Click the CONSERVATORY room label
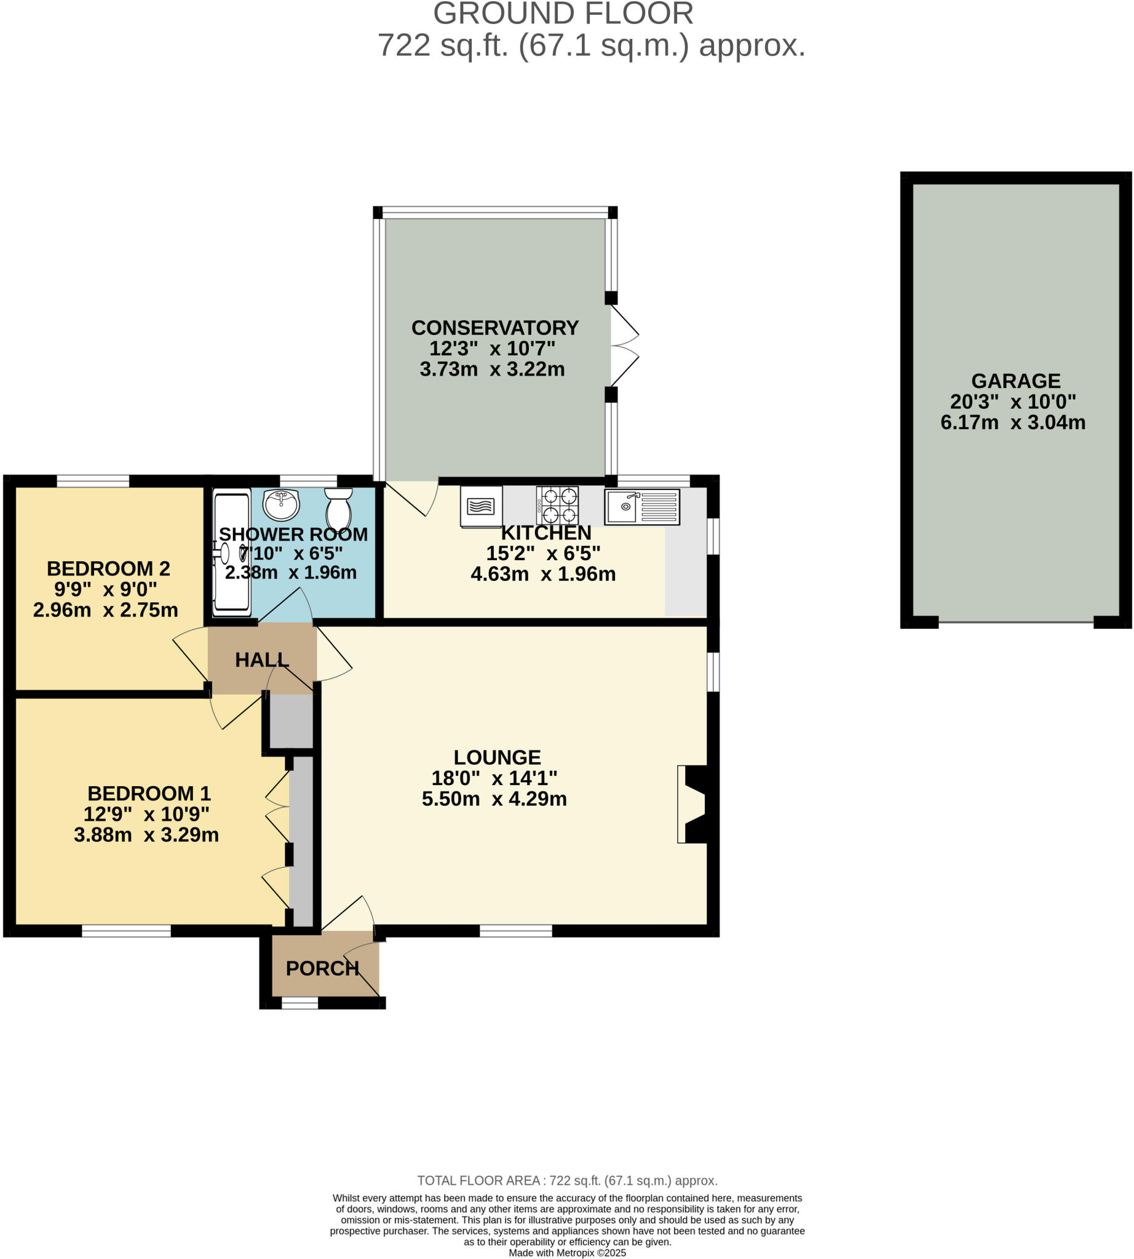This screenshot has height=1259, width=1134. click(x=494, y=328)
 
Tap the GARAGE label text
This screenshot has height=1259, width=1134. click(x=1015, y=381)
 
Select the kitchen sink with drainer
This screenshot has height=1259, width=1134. click(x=641, y=507)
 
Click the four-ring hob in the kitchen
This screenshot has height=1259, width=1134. click(x=557, y=505)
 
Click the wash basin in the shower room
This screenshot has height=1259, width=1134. click(x=281, y=504)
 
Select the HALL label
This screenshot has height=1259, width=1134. click(x=262, y=660)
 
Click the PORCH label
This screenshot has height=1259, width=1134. click(x=322, y=968)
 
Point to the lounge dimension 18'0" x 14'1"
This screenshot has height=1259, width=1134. click(x=494, y=778)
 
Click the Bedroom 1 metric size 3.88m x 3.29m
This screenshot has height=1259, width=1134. click(x=146, y=835)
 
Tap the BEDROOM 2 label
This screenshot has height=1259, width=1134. click(x=108, y=568)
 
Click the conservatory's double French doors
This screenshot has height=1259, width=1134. click(x=624, y=345)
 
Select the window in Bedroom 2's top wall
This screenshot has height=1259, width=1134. click(x=93, y=480)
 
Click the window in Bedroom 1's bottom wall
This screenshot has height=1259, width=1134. click(x=126, y=931)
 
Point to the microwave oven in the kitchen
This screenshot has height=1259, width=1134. click(x=481, y=507)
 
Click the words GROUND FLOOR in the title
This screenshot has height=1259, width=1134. click(x=563, y=14)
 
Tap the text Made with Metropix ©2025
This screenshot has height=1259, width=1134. click(x=567, y=1253)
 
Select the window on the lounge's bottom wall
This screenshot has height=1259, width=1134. click(x=515, y=931)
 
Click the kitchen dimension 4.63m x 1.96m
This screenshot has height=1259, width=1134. click(x=542, y=574)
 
